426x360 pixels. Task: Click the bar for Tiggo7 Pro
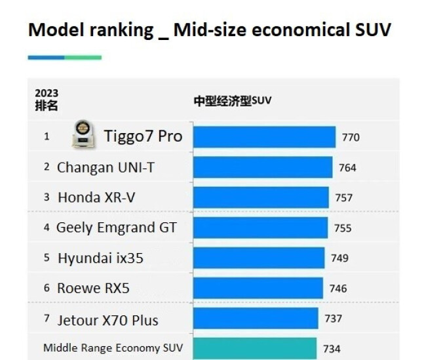pos(264,137)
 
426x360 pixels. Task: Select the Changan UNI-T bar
pos(263,167)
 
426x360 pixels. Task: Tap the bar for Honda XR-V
pos(261,197)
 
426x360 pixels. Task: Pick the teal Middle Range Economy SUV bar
pos(254,348)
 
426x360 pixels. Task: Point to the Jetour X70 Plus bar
pos(256,319)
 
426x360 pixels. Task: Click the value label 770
pos(351,138)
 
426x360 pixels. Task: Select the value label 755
pos(343,228)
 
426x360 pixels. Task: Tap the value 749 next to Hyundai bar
pos(339,258)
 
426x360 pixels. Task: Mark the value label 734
pos(332,349)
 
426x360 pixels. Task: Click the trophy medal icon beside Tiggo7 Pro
pos(82,135)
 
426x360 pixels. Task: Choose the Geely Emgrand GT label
pos(117,228)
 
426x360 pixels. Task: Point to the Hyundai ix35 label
pos(100,258)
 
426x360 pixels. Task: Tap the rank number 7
pos(47,319)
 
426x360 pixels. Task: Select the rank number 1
pos(47,137)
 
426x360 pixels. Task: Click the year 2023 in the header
pos(47,93)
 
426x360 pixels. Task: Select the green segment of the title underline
pos(83,58)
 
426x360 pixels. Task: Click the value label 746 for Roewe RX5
pos(338,288)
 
